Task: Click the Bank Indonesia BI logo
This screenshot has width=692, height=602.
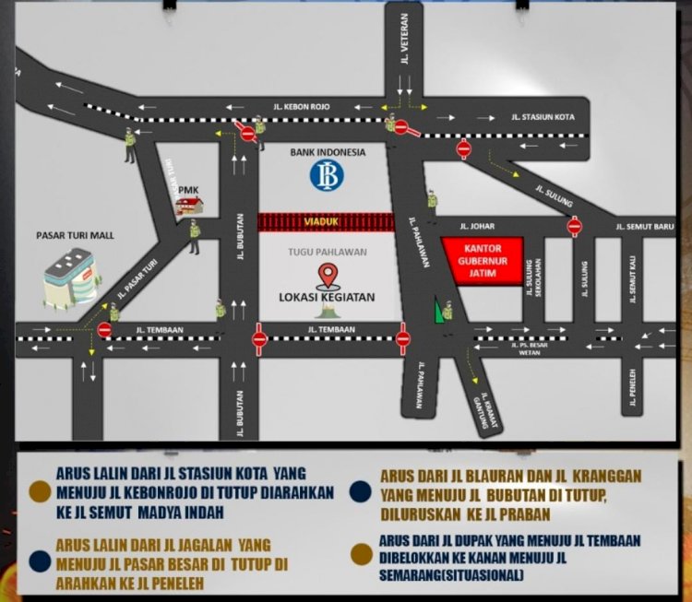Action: point(327,175)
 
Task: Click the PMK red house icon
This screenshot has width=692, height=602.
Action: point(190,206)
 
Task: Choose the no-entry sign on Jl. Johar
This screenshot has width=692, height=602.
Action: point(575,226)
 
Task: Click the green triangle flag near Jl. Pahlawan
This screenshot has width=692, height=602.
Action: point(438,312)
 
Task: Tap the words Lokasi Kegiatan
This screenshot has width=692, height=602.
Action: point(327,297)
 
